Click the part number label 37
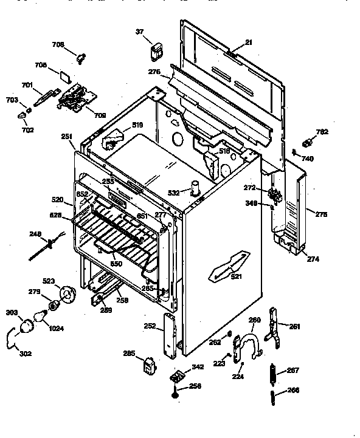point(139,32)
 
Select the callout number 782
point(322,131)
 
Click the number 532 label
point(174,193)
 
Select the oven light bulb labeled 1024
point(42,315)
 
